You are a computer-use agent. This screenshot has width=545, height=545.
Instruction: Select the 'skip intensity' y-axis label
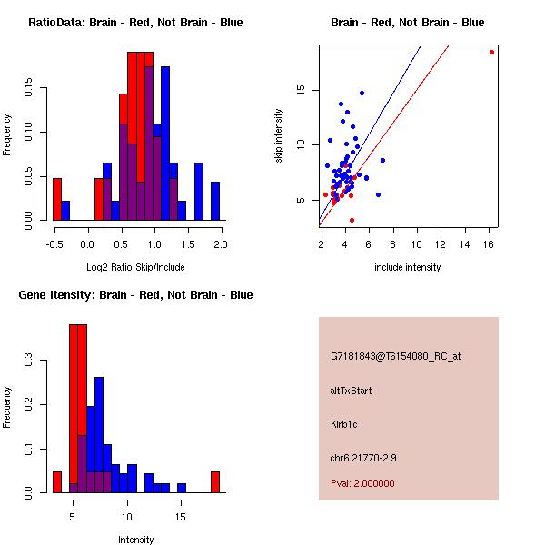(279, 136)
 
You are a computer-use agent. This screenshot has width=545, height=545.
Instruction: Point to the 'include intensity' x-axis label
(408, 267)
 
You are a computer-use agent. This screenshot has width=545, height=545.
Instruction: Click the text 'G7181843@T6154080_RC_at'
(395, 356)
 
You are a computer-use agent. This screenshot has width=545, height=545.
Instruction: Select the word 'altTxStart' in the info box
(351, 391)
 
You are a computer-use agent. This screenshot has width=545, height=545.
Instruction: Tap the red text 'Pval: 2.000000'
(362, 483)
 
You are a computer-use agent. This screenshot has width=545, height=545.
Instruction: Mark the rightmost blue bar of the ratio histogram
(215, 201)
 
